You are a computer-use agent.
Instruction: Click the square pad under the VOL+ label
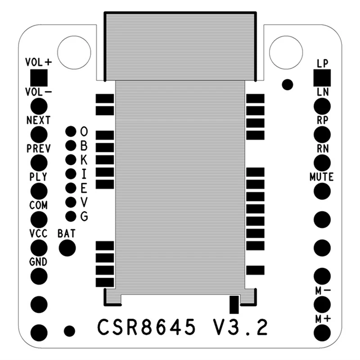click(x=39, y=77)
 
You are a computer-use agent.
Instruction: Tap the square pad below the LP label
click(x=322, y=78)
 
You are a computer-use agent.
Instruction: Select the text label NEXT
click(x=39, y=120)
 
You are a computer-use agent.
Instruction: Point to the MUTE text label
click(x=322, y=177)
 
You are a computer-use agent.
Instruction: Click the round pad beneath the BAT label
click(x=67, y=247)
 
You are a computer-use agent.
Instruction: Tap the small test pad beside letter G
click(x=71, y=216)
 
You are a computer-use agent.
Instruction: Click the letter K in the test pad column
click(x=84, y=159)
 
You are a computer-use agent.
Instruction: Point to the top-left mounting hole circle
click(x=74, y=52)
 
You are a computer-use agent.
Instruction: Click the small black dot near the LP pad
click(x=287, y=84)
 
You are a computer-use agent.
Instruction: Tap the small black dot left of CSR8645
click(x=69, y=331)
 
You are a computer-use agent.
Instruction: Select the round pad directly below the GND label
click(x=39, y=275)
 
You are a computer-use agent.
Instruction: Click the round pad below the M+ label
click(x=322, y=333)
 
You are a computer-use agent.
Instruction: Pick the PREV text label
click(x=39, y=148)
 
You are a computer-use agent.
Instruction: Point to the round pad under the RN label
click(x=322, y=162)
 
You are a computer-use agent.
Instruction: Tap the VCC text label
click(x=39, y=234)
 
